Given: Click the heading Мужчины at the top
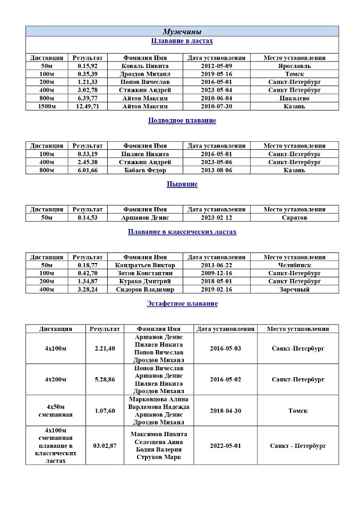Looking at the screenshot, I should point(182,32).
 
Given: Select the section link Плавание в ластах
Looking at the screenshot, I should point(182,41).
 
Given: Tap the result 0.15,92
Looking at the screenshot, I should point(88,66).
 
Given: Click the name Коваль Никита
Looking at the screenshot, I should point(145,66).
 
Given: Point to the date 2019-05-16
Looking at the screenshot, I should point(216,74).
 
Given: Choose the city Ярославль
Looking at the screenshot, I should point(294,66).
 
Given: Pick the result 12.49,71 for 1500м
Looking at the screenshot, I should point(88,106).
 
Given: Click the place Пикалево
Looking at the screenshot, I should point(294,98).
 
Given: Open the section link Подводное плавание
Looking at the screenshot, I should point(182,121).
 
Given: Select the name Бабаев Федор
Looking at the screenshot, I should point(145,170).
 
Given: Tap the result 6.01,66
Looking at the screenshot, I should point(88,170).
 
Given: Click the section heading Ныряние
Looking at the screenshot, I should point(182,184).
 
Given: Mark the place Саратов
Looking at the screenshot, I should point(294,218).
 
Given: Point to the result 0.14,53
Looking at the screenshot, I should point(88,218).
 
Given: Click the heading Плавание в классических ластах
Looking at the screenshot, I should point(182,232).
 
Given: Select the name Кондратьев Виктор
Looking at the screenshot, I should point(145,265).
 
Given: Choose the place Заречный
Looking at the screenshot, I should point(294,290).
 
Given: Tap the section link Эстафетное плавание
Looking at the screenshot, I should point(182,304).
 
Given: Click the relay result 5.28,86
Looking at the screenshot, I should point(104,379).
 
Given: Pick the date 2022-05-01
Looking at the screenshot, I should point(225,446).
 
